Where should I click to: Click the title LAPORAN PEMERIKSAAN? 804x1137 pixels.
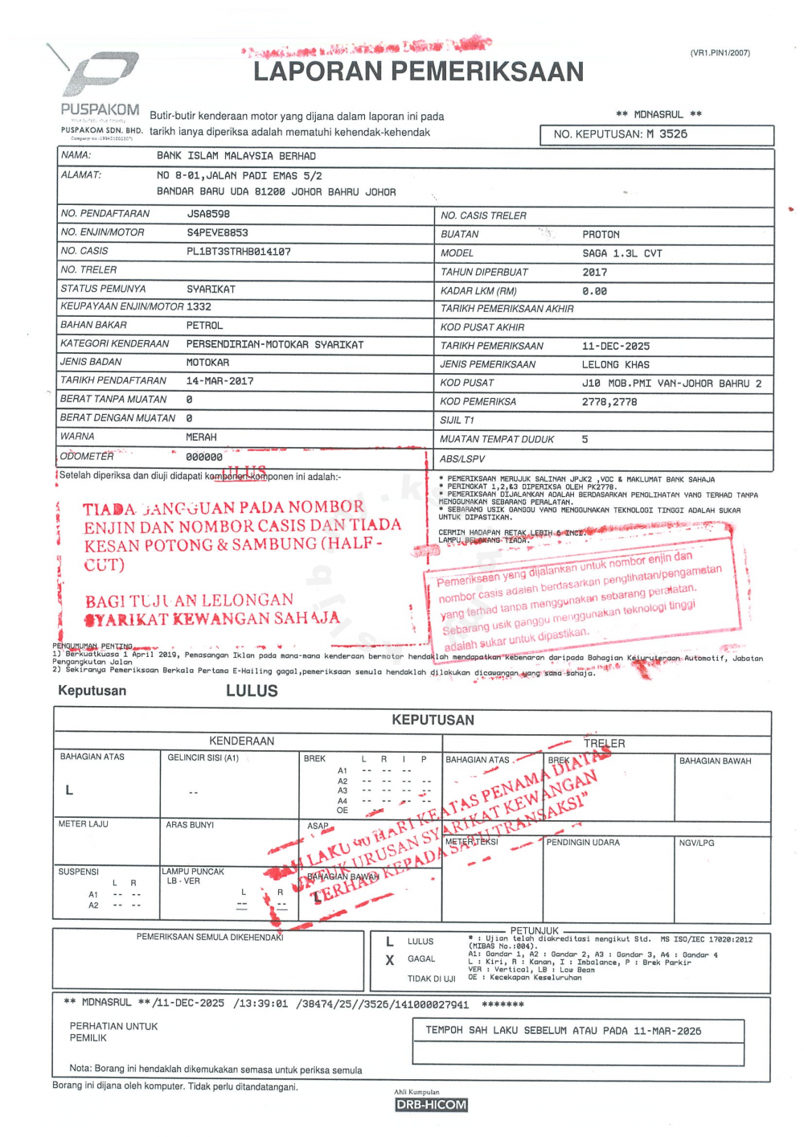coord(418,72)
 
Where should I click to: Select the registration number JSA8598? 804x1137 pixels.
coord(208,214)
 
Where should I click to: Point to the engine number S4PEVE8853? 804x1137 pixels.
coord(217,232)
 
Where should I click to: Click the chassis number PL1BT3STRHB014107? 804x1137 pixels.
coord(239,252)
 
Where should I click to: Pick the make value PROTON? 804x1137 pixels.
coord(601,235)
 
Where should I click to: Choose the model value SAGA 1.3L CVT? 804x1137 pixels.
coord(621,253)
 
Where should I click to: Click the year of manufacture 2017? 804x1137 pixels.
coord(595,273)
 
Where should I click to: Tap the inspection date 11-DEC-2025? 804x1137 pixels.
coord(616,347)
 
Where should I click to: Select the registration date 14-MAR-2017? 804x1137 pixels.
coord(219,381)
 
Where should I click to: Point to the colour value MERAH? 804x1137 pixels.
coord(201,437)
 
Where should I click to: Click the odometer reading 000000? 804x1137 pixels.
coord(204,457)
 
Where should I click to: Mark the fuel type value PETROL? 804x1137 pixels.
coord(204,326)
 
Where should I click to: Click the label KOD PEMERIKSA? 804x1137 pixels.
coord(478,401)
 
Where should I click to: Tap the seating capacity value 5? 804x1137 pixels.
coord(585,439)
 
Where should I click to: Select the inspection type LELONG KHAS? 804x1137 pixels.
coord(615,364)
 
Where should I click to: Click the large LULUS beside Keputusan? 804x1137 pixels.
coord(252,691)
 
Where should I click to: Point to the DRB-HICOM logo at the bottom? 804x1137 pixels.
coord(431,1105)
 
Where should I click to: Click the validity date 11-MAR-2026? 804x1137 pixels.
coord(667,1031)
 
